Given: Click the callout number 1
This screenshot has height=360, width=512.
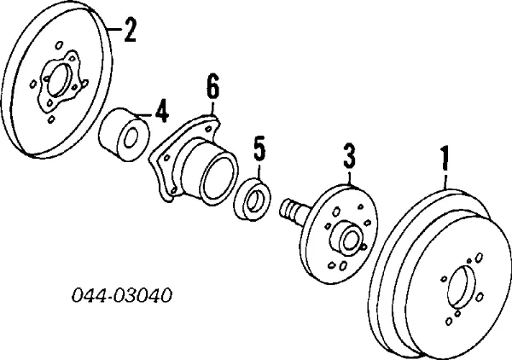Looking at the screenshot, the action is [x=445, y=159].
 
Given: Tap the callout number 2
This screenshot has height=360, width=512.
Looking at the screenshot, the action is [x=130, y=30].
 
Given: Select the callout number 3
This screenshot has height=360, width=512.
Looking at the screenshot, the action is [x=349, y=156].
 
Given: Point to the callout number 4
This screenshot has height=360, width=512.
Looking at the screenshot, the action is [x=162, y=111].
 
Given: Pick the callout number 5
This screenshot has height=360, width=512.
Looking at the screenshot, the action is [x=259, y=148].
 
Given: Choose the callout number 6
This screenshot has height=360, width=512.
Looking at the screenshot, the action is [x=212, y=86].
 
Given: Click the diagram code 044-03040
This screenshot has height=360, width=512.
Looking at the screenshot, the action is [x=122, y=296].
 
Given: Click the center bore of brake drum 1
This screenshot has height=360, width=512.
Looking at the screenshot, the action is [x=462, y=287].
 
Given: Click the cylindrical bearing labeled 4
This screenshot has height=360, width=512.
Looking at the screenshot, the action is [x=124, y=134].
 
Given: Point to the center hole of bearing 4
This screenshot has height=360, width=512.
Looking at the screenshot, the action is [x=131, y=139].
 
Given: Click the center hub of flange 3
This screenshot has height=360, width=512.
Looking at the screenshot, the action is [x=348, y=239].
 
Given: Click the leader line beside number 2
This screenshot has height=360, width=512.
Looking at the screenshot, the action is [x=114, y=29].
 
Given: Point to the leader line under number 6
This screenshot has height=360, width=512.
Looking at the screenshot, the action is [x=212, y=107].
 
